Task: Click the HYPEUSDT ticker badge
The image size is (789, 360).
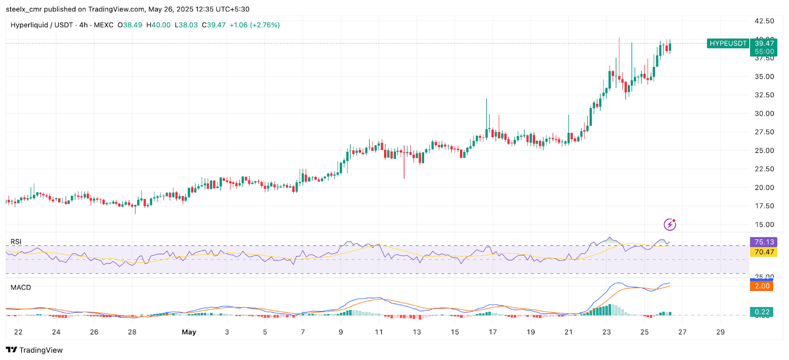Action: click(x=728, y=43)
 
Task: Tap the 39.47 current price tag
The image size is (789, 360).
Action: click(x=764, y=43)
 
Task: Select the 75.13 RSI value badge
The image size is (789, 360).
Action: click(x=763, y=242)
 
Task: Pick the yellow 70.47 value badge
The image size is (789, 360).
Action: click(x=763, y=252)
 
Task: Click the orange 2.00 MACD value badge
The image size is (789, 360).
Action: click(x=762, y=286)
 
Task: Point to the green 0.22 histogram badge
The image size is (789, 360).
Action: click(x=762, y=312)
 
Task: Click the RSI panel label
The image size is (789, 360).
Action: click(x=16, y=242)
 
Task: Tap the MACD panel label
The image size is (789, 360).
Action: click(x=21, y=288)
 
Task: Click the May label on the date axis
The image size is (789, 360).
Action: click(x=189, y=332)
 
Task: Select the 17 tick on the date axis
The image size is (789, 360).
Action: click(x=493, y=332)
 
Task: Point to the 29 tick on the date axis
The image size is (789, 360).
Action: click(x=720, y=332)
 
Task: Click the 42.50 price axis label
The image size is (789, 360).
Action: click(x=764, y=21)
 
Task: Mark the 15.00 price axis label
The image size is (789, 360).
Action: click(x=764, y=224)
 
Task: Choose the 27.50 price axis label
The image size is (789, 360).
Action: click(x=764, y=132)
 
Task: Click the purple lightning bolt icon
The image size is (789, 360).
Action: click(x=670, y=225)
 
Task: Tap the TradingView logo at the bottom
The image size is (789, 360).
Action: click(x=35, y=350)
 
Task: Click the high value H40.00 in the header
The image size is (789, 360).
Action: click(x=158, y=25)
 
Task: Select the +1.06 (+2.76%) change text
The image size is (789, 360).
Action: click(x=254, y=25)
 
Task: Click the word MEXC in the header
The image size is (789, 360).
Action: click(x=104, y=25)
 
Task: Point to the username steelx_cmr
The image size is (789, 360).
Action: click(x=24, y=9)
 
